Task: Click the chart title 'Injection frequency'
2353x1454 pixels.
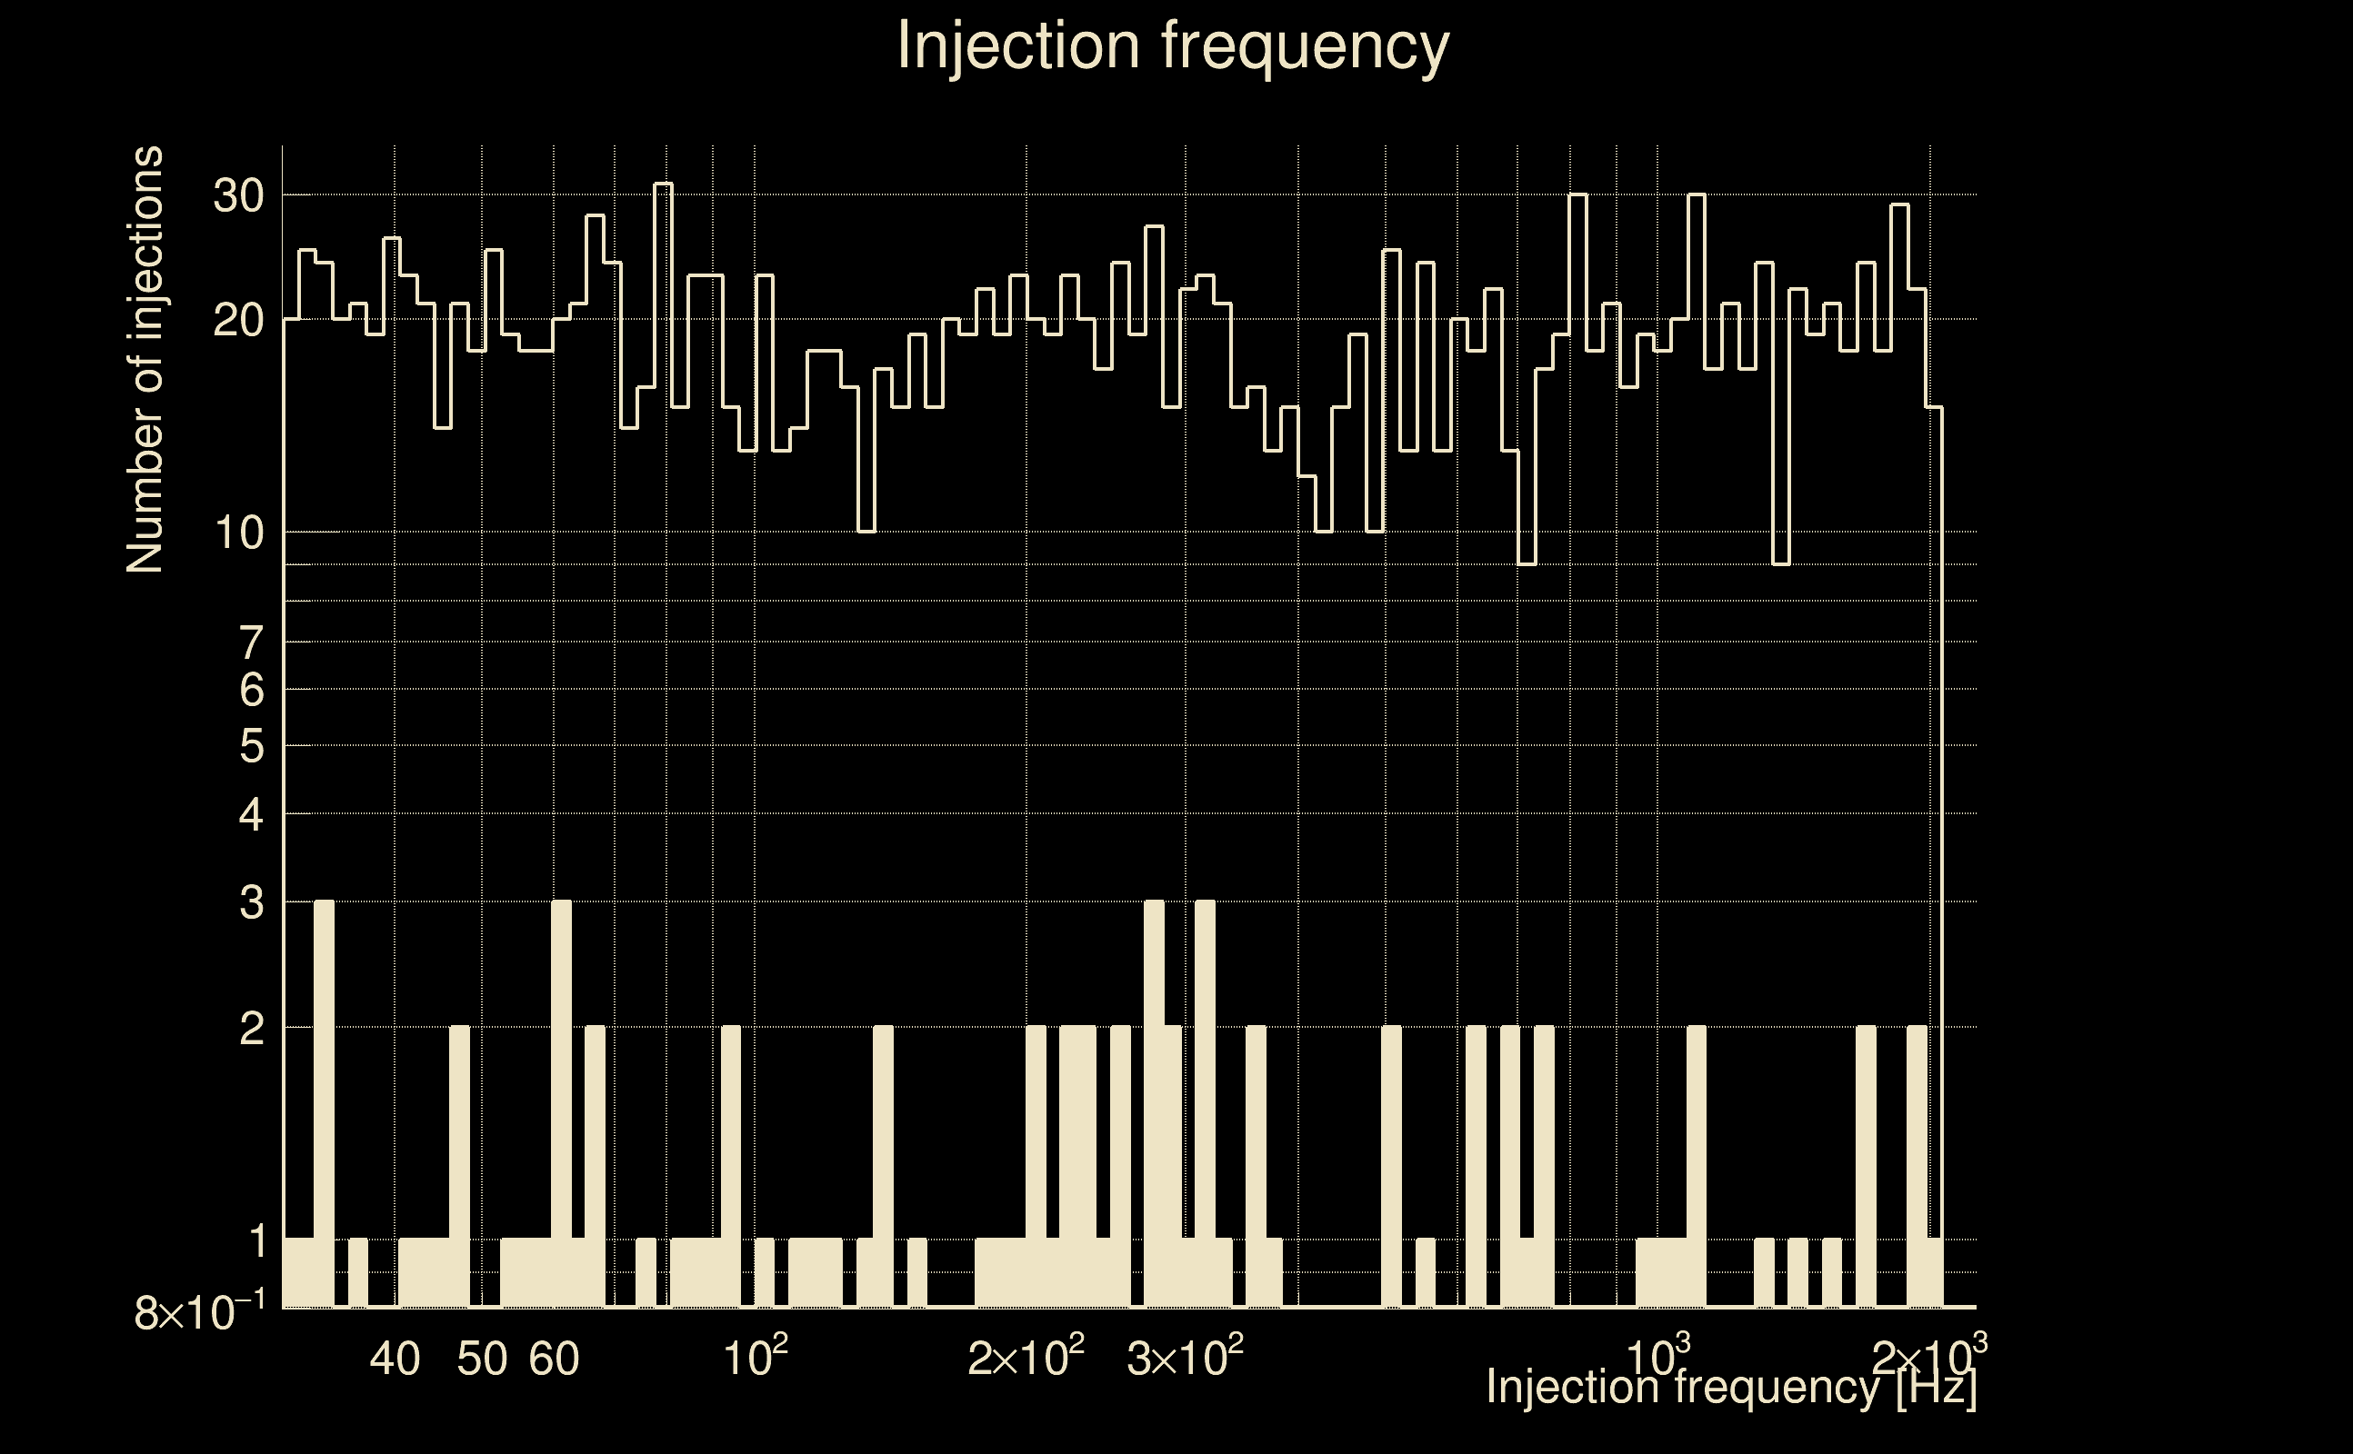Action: (x=1173, y=46)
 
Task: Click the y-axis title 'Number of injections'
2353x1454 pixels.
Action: (x=145, y=360)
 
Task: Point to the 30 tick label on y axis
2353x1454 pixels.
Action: (x=237, y=196)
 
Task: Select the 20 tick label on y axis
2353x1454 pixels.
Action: (x=237, y=320)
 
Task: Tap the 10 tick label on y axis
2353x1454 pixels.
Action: (x=237, y=533)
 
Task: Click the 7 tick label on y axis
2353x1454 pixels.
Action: (x=251, y=642)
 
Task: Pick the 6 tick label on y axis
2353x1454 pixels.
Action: (x=251, y=690)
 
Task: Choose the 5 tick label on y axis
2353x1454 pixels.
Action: (x=251, y=745)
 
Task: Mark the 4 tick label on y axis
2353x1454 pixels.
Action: (x=251, y=814)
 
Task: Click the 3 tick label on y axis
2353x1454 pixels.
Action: (x=251, y=903)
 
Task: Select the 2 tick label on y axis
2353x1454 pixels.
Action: (x=251, y=1029)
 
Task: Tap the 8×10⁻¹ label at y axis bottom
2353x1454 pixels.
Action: (x=199, y=1312)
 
